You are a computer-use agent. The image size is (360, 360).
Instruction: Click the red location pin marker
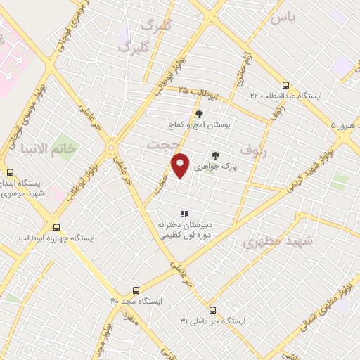(x=181, y=166)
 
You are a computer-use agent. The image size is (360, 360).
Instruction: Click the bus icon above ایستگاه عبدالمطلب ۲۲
(x=284, y=83)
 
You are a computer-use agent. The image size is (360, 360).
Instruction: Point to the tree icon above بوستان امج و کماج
(x=199, y=113)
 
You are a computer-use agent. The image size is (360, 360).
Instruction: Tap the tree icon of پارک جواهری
(x=215, y=156)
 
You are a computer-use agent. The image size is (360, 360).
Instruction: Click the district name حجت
(x=161, y=143)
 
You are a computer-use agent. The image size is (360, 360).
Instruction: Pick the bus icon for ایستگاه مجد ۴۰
(x=136, y=289)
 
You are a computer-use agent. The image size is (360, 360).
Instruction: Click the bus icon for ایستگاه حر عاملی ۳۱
(x=212, y=309)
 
